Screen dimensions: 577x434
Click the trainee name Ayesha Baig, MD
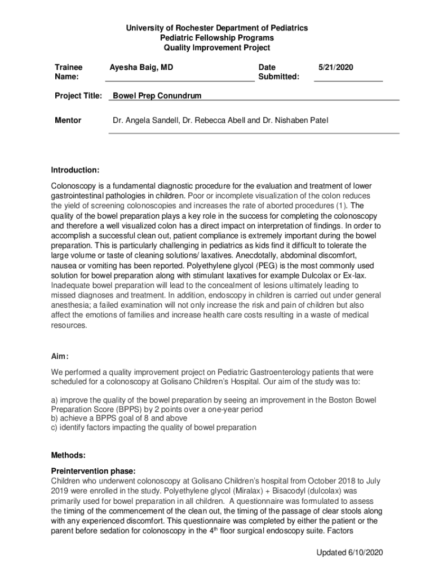[x=141, y=68]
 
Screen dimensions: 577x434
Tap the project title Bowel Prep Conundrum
[x=157, y=96]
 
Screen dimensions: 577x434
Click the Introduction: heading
[x=76, y=170]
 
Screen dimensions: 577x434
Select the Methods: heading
[x=69, y=455]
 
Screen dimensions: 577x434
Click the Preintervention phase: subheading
[x=94, y=471]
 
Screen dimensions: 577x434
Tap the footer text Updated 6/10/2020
[x=349, y=553]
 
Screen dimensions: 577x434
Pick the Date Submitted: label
[x=278, y=72]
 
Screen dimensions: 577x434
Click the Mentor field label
[x=68, y=121]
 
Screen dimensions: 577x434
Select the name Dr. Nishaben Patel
[x=295, y=121]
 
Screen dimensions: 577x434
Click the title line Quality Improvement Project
[x=217, y=48]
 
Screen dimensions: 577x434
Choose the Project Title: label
[x=78, y=96]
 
